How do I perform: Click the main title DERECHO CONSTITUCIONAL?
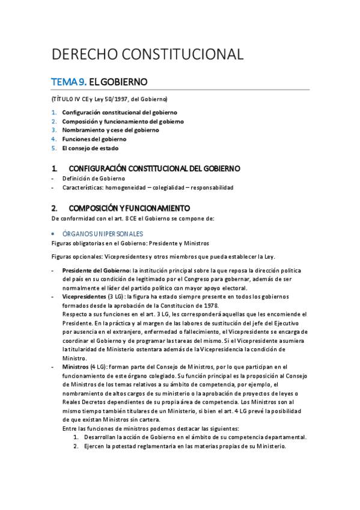(x=147, y=54)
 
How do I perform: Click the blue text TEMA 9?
(x=69, y=81)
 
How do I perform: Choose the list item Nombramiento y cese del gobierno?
(x=111, y=130)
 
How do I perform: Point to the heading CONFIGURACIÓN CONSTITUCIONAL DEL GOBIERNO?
(x=154, y=168)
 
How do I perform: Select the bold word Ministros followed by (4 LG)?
(x=76, y=367)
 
